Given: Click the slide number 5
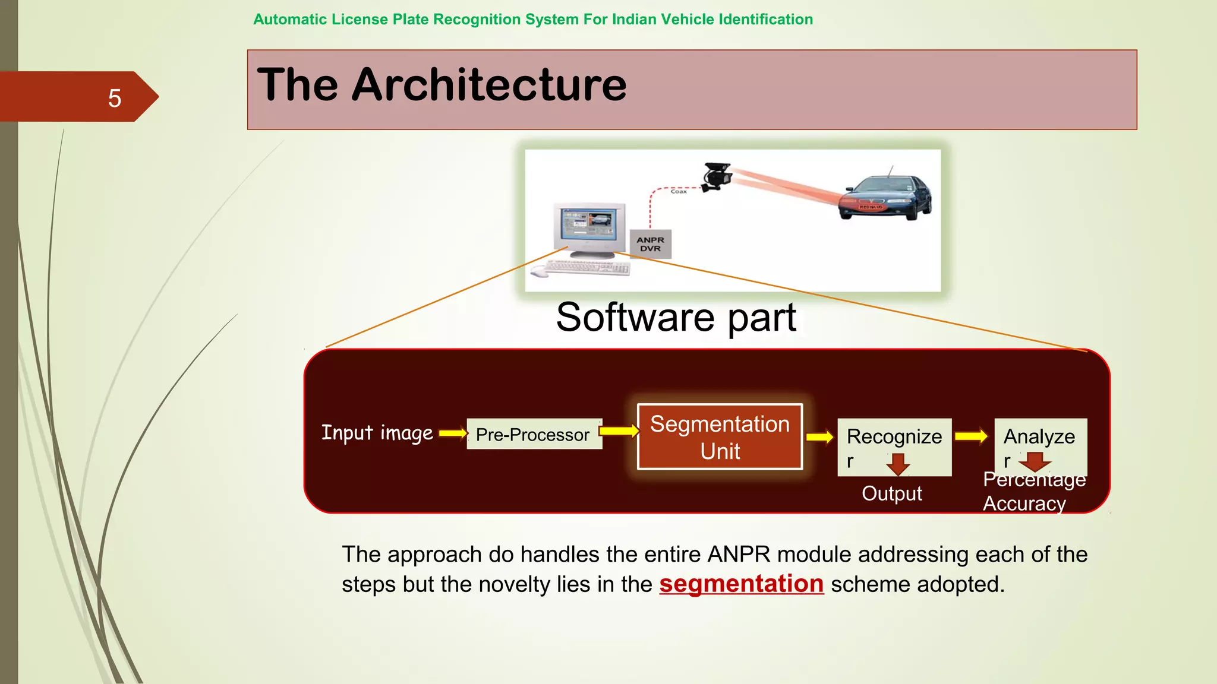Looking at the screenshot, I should point(115,98).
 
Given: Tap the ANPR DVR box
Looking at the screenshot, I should point(650,244).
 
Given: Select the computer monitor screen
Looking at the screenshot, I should point(588,225).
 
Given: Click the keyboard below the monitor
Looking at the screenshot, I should point(586,268).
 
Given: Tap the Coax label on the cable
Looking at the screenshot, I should point(679,191).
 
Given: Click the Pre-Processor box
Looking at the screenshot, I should point(534,434).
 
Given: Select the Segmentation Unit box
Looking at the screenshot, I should point(720,437).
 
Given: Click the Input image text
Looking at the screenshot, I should point(377,433).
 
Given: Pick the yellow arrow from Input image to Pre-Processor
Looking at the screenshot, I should point(453,433).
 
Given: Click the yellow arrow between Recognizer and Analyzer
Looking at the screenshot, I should point(971,436).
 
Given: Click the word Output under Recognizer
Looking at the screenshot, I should point(891,493).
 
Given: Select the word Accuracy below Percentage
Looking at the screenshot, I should point(1024,503).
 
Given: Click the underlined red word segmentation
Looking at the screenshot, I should point(741,584).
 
